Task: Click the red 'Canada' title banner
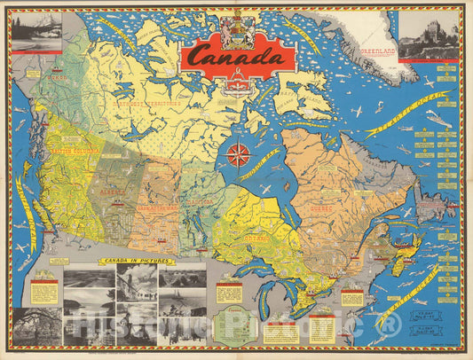coord(239,55)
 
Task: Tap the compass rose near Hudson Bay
coord(238,155)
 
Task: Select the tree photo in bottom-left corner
coord(36,325)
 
